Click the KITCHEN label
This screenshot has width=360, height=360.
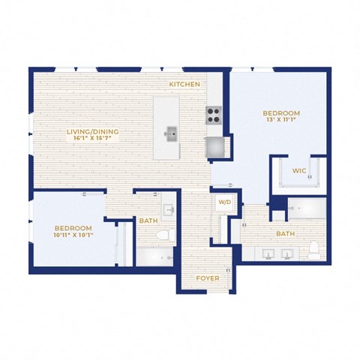click(184, 85)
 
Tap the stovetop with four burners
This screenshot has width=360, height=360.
click(214, 115)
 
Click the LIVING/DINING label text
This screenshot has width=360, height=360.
click(92, 131)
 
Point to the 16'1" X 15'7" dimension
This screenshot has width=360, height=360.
click(92, 138)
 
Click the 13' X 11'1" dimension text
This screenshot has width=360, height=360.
click(281, 119)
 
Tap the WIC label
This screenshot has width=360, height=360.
click(299, 171)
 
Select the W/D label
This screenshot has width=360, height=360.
click(225, 202)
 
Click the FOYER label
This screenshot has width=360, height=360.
click(208, 278)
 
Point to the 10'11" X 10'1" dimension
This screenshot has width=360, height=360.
click(73, 235)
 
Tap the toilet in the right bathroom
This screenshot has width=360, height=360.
click(313, 250)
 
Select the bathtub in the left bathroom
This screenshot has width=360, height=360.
click(154, 256)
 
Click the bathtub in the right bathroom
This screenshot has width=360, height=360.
click(307, 208)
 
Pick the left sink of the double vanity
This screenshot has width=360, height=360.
click(268, 254)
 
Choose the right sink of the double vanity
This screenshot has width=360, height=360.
click(287, 254)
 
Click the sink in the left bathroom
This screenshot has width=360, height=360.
click(169, 208)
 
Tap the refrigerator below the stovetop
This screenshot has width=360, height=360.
click(214, 147)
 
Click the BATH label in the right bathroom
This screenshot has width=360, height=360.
click(285, 234)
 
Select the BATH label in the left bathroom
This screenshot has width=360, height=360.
click(148, 220)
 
